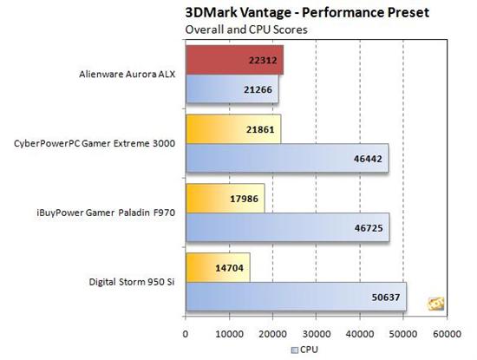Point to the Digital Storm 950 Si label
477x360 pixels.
(x=132, y=282)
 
